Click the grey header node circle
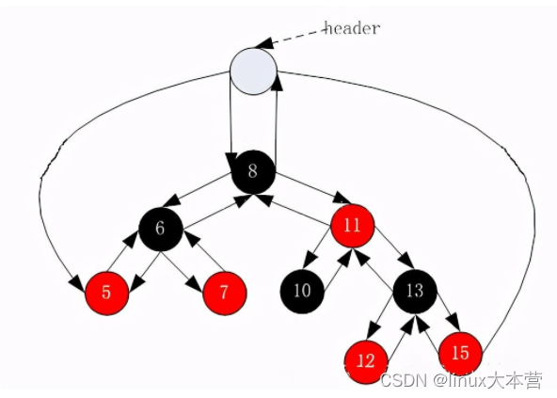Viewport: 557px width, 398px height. coord(253,72)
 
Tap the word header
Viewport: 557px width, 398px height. coord(353,28)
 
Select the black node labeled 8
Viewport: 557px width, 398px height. coord(253,171)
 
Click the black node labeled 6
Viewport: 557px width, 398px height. coord(161,230)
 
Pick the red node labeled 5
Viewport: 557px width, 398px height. coord(106,294)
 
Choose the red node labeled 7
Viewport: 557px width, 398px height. coord(224,294)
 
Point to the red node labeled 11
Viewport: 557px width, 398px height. coord(353,226)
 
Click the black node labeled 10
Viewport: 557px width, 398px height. coord(302,292)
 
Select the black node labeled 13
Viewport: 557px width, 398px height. coord(415,292)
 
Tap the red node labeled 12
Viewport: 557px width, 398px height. coord(366,361)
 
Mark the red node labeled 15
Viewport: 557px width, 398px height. coord(460,354)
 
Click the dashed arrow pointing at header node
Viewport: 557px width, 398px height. coord(290,39)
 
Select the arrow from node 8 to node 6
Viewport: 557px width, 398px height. coord(198,190)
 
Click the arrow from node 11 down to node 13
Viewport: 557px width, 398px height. coord(394,247)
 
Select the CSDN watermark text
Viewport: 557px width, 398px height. coord(461,381)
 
